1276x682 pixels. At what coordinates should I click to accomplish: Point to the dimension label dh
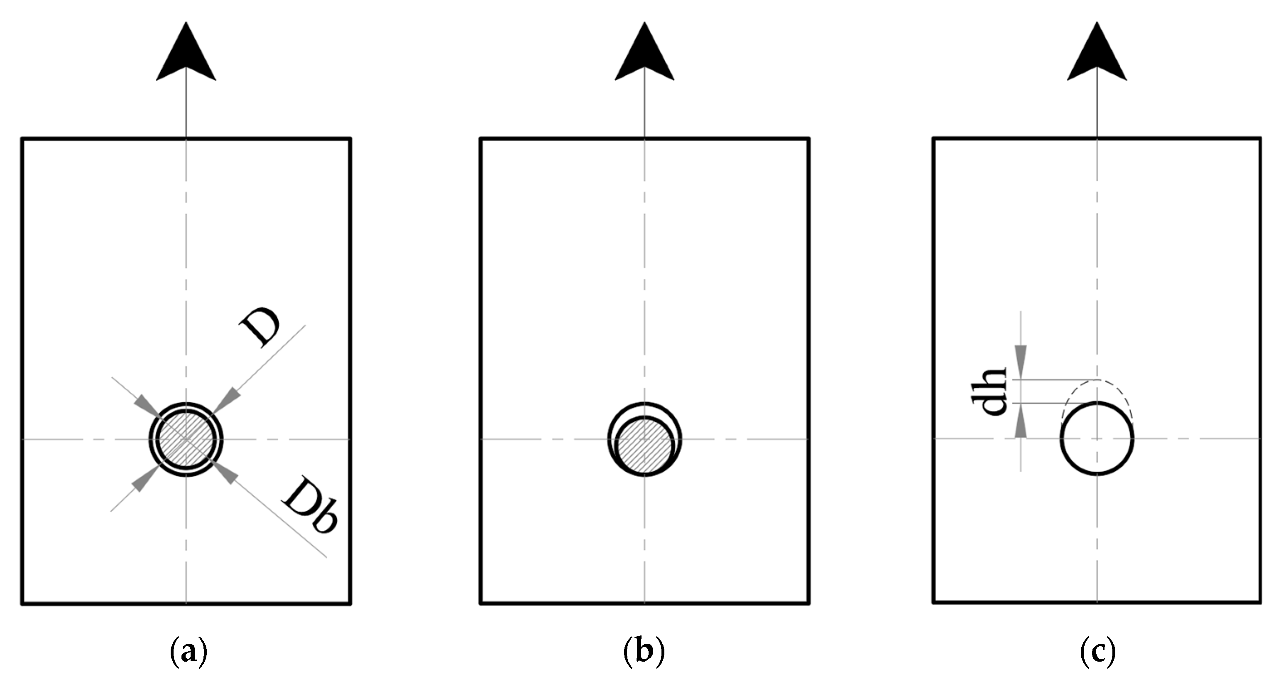988,391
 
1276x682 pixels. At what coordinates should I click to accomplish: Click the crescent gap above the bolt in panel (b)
644,411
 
